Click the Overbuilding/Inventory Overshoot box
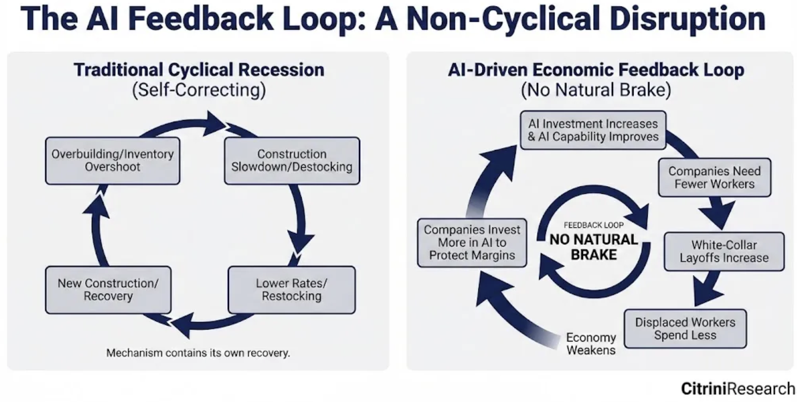tap(112, 160)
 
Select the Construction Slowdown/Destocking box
tap(292, 160)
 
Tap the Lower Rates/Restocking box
tap(292, 289)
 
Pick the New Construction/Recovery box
tap(108, 289)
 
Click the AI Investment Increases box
tap(593, 130)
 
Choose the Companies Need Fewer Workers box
tap(714, 178)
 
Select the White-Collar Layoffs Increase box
tap(724, 252)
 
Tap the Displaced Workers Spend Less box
tap(685, 328)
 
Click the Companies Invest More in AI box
tap(472, 243)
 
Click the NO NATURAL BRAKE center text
tap(594, 247)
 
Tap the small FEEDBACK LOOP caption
tap(594, 225)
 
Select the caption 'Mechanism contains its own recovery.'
tap(198, 353)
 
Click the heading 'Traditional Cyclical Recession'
tap(199, 70)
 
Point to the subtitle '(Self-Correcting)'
tap(199, 90)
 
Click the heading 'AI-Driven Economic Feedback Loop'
tap(596, 70)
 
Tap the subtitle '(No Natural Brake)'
tap(596, 90)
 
